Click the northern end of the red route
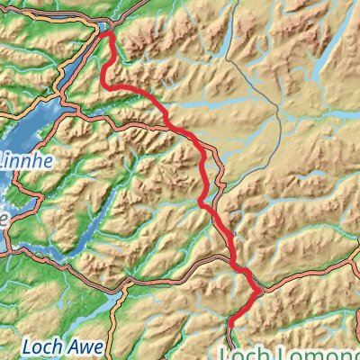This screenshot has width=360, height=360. pos(106,35)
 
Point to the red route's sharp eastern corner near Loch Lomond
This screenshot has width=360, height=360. pos(261,291)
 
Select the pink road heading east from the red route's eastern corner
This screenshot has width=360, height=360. pos(306,274)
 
